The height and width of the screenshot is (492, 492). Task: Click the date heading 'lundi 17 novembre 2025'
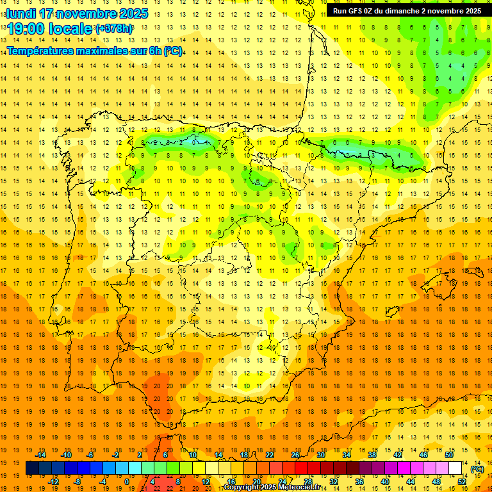coord(77,13)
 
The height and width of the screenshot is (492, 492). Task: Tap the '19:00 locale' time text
coord(49,29)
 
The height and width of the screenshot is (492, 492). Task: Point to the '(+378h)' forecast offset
coord(114,29)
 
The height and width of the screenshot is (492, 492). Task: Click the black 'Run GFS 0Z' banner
coord(407,11)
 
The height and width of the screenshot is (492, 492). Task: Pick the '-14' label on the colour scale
coord(41,455)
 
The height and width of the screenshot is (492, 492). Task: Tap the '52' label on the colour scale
coord(462,482)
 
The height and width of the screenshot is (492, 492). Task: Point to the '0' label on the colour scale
coord(127,482)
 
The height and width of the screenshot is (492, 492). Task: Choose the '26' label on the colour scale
coord(295,455)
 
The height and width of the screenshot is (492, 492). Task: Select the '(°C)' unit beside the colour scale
coord(477,469)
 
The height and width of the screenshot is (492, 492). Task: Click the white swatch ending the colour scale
coord(455,468)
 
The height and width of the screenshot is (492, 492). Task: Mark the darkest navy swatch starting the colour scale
coord(32,468)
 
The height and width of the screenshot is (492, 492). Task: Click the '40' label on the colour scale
coord(385,482)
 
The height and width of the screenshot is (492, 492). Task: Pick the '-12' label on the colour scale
coord(53,482)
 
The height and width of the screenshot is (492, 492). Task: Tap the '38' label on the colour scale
coord(372,455)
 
